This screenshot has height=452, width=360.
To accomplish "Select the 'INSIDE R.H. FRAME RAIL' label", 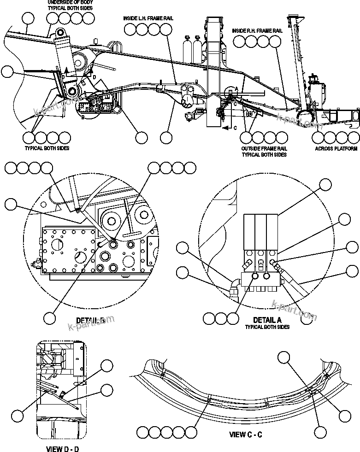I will (258, 31).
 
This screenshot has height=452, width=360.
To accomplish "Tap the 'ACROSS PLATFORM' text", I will (336, 149).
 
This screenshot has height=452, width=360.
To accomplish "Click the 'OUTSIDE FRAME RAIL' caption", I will (264, 149).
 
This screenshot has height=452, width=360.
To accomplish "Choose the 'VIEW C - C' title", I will (246, 434).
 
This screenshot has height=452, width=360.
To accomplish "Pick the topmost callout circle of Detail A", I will (325, 185).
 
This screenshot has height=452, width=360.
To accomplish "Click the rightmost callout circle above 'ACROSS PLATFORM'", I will (354, 137).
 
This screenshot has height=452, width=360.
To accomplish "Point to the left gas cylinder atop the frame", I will (187, 48).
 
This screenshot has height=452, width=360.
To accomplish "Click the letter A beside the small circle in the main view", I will (236, 88).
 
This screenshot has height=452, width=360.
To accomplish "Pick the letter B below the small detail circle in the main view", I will (83, 117).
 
